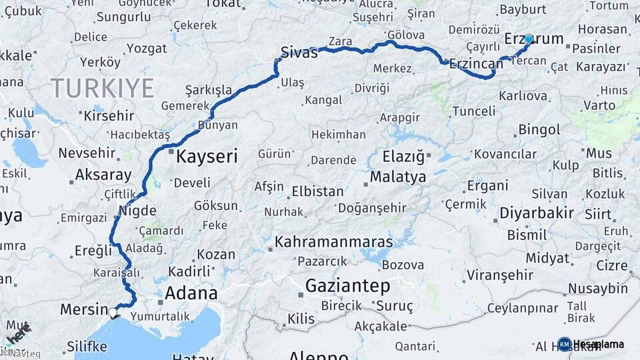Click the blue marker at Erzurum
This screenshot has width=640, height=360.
point(528,39)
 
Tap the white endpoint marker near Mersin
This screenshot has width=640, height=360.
point(113,312)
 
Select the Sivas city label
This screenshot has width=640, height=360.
point(299,53)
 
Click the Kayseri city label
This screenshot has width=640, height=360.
point(207,157)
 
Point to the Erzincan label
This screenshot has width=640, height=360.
point(476,64)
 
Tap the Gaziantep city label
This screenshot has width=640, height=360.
point(347,286)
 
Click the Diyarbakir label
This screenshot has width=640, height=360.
point(536,213)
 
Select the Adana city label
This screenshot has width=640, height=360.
point(191,293)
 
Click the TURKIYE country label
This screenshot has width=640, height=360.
point(103,88)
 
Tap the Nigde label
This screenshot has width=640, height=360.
point(137,211)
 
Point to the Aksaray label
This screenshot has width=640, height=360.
point(103,175)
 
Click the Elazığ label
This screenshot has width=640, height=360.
point(403,157)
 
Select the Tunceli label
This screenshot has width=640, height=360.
point(474,111)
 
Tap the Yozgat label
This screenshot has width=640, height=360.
point(147,48)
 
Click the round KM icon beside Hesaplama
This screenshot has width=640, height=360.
point(565,344)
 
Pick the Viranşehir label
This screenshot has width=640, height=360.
point(500,275)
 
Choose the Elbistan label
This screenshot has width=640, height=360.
point(317,191)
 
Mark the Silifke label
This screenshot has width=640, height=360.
point(87,347)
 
